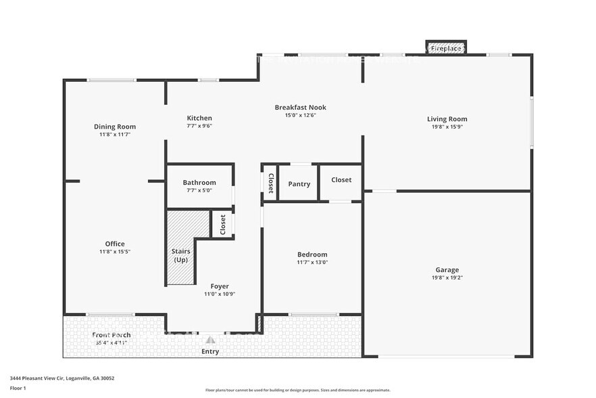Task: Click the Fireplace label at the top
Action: [446, 49]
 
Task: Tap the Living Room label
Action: [447, 119]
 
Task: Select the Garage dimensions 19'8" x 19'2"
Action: [447, 278]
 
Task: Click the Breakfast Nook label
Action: [300, 107]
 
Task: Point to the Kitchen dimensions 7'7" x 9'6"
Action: [199, 126]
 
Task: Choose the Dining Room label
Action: [115, 127]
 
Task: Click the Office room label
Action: [115, 244]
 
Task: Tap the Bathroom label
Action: [199, 183]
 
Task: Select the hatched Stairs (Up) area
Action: [180, 247]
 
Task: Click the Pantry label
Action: [299, 184]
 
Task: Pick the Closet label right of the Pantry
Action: [341, 180]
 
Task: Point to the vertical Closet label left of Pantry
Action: [270, 183]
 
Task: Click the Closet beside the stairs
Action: [222, 224]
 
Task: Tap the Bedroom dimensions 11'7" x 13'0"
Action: [312, 262]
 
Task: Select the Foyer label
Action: [219, 286]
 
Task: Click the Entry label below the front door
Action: [210, 351]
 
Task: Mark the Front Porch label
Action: [111, 335]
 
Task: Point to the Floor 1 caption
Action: [18, 388]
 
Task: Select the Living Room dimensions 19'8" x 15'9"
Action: [447, 127]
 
